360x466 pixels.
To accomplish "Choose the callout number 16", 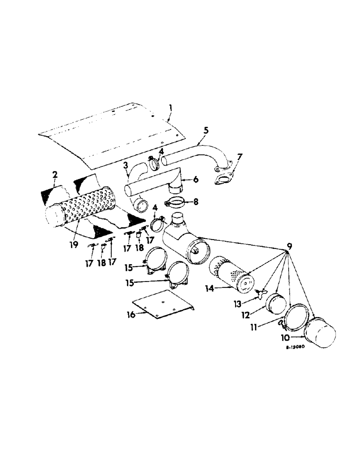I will (x=132, y=315).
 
